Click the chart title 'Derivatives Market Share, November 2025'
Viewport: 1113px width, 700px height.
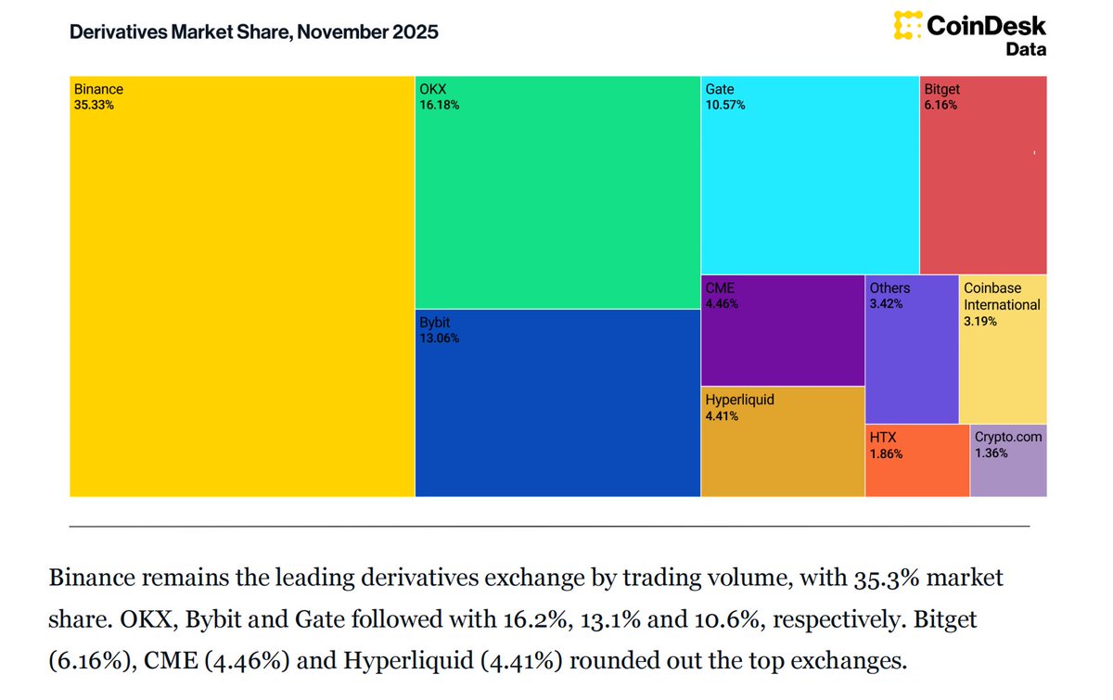tap(253, 32)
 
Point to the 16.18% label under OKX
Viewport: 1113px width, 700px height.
tap(439, 106)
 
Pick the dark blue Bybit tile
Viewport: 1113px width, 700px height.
tap(556, 408)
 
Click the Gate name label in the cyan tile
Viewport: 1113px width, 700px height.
tap(720, 90)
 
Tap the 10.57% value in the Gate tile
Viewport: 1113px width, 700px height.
tap(725, 106)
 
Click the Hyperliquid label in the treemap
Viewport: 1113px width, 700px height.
tap(739, 401)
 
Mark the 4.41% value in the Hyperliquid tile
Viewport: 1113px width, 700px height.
tap(723, 416)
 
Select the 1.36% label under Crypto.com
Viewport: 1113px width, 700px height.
tap(991, 453)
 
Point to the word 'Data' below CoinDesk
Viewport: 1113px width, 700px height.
tap(1026, 49)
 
